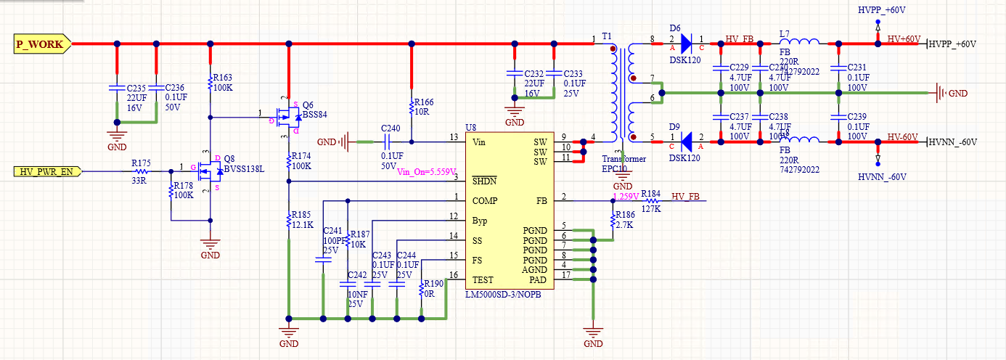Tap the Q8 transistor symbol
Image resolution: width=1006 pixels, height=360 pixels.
point(207,172)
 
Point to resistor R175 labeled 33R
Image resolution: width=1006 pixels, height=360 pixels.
point(143,172)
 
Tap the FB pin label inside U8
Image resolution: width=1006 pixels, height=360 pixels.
point(541,201)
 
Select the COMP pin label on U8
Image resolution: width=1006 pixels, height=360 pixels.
point(485,201)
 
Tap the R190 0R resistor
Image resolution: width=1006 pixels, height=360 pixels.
point(422,289)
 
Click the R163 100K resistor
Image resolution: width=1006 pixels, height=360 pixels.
point(210,78)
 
